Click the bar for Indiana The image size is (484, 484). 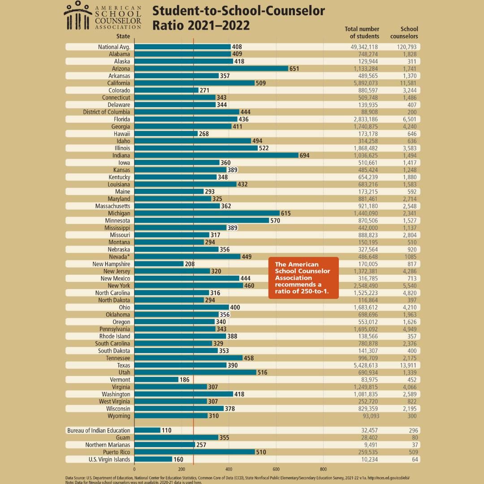pos(216,156)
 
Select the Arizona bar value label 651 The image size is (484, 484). pos(294,69)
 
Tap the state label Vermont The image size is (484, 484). pos(120,380)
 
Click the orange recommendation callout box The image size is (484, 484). pos(303,277)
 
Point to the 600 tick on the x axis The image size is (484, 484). pos(276,469)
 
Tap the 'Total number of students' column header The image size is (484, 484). pos(362,33)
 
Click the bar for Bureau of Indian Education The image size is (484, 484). pos(147,430)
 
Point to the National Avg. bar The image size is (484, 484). pos(182,47)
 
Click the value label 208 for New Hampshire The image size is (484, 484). pos(190,264)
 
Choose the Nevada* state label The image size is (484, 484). pos(119,257)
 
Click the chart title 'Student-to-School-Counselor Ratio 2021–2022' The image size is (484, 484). pos(238,18)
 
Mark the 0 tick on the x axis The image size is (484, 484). pos(134,469)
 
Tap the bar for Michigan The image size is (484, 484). pos(207,213)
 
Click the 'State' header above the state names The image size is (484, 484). pos(123,36)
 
